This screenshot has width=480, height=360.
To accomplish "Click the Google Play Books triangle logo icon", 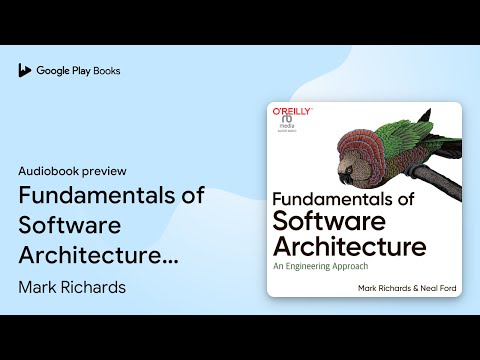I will click(24, 71).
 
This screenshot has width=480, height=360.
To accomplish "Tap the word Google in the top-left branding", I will click(54, 71).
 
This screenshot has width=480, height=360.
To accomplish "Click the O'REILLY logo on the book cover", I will click(292, 116).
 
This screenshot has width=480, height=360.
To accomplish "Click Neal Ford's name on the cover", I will click(435, 288).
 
